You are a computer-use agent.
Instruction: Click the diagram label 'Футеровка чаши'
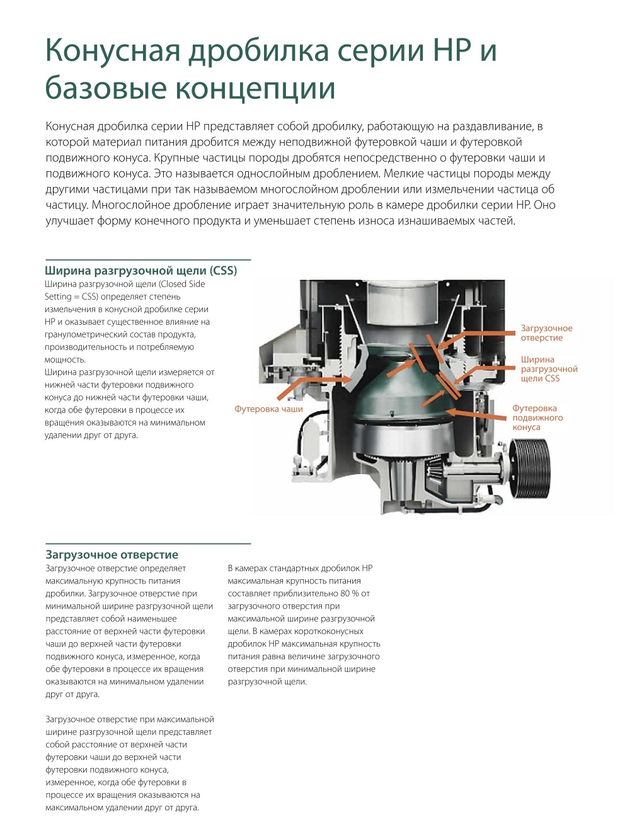[268, 409]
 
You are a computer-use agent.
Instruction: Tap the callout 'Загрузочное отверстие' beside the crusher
[546, 333]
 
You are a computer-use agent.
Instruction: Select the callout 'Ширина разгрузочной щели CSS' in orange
[549, 369]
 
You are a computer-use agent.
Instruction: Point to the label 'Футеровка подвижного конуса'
[537, 417]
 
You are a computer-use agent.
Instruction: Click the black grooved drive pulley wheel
[530, 468]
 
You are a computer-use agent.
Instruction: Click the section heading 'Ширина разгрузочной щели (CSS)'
[140, 271]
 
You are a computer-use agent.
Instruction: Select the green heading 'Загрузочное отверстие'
[112, 555]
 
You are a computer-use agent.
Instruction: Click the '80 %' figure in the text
[350, 594]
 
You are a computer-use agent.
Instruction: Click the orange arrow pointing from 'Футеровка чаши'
[314, 388]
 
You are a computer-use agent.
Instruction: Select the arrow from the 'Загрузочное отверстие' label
[476, 341]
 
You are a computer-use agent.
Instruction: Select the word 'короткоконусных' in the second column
[333, 631]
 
